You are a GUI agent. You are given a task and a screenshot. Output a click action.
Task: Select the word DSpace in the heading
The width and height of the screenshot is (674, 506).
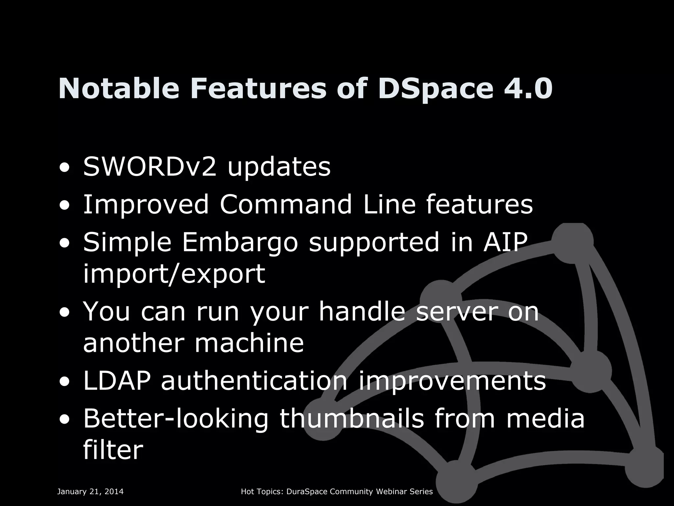click(436, 89)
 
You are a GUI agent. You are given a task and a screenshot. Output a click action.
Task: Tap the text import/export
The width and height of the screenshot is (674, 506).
click(174, 273)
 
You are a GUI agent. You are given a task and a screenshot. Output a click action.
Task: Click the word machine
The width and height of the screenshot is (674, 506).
click(249, 343)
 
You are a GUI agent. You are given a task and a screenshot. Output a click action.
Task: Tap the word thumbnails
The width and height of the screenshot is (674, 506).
click(351, 418)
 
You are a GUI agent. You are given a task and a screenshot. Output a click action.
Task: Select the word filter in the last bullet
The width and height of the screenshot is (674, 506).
click(113, 450)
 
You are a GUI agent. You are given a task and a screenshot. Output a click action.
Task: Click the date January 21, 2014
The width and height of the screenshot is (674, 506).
click(91, 492)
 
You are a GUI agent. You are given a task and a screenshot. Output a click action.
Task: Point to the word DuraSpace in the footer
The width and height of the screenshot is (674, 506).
click(307, 492)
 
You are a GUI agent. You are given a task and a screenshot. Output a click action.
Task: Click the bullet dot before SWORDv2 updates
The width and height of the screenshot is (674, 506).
click(65, 168)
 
